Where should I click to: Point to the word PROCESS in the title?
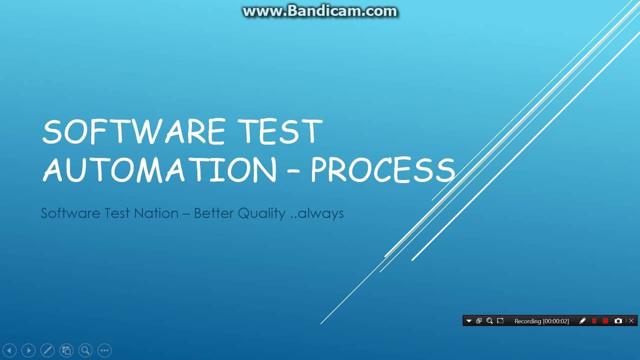coord(382,170)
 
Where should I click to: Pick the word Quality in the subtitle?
coord(261,213)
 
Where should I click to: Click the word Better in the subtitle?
coord(213,213)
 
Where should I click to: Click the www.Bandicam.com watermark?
coord(320,11)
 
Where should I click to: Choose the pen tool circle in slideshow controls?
coord(47,350)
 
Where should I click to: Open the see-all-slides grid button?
coord(66,350)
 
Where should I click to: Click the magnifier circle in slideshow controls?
coord(85,350)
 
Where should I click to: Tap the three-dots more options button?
coord(104,350)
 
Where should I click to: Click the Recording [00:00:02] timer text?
coord(541,321)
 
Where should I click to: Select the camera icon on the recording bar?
coord(618,321)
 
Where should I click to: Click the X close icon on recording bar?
coord(631,321)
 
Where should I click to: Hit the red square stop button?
coord(605,321)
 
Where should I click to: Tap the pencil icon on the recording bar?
coord(582,321)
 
